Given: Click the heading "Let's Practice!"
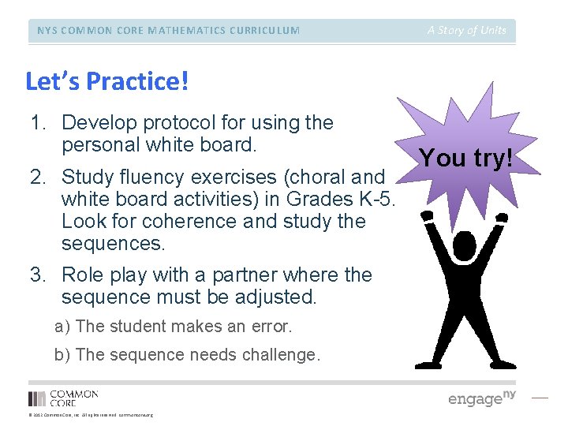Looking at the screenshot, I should coord(107,81).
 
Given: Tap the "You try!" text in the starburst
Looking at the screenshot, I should coord(467,158).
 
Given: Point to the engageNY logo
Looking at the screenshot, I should coord(481,398).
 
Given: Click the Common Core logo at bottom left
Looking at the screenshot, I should coord(63,398).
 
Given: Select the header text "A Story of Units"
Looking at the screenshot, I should coord(467,31).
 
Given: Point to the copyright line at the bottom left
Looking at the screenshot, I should coord(90,415).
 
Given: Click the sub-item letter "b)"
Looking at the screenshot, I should coord(62,355).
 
